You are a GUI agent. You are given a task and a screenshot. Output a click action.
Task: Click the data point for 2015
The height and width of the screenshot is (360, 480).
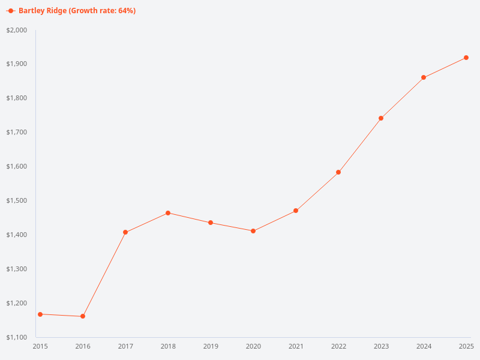tap(40, 314)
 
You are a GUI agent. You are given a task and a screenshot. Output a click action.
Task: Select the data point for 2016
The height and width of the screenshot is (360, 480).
tap(83, 316)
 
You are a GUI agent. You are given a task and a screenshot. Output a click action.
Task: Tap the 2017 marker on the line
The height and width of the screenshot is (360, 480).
tap(125, 232)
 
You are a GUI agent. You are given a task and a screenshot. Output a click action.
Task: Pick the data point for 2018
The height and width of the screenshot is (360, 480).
tap(168, 213)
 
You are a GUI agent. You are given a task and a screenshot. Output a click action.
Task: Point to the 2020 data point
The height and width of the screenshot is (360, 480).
tap(253, 231)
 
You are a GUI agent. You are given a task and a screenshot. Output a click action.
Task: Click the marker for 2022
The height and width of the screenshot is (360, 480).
tap(338, 172)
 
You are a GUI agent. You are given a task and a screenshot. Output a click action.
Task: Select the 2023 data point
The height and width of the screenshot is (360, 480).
tap(381, 118)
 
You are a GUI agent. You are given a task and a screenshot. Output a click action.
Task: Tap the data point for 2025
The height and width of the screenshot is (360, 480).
tap(466, 58)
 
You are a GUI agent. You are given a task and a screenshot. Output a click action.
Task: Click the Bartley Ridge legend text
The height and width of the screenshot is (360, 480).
tap(77, 11)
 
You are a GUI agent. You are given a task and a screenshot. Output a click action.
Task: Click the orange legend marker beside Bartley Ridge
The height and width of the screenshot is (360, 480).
tap(11, 11)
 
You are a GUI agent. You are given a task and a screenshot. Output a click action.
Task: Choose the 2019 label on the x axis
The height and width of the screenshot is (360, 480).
tap(211, 346)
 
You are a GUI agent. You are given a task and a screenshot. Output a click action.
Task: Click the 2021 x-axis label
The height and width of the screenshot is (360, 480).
tap(296, 346)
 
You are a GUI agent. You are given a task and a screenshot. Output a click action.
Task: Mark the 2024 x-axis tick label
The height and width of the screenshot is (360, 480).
tap(424, 346)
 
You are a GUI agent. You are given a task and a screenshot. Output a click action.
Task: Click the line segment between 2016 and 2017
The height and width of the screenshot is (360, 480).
tap(104, 274)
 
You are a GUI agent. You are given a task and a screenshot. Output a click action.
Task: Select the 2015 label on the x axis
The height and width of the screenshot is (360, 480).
tap(40, 346)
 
